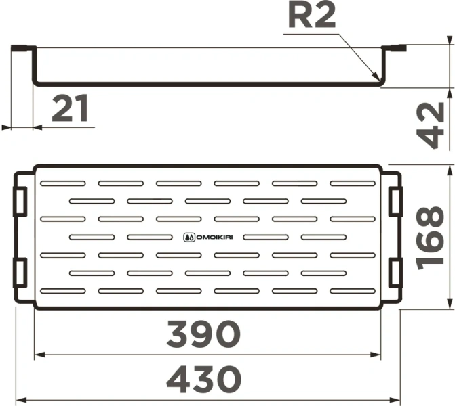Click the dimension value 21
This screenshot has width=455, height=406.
pos(71,110)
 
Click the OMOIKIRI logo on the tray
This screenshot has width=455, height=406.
pos(208,237)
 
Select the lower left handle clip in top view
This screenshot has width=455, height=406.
pos(21,271)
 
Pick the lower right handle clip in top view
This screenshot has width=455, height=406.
pos(394,271)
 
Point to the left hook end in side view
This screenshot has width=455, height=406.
pos(22,48)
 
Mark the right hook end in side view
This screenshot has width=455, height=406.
pos(395,48)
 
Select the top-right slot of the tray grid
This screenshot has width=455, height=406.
pos(353,183)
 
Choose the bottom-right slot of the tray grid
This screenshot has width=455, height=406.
pos(353,290)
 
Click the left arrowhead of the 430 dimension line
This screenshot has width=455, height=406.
pos(20,398)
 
